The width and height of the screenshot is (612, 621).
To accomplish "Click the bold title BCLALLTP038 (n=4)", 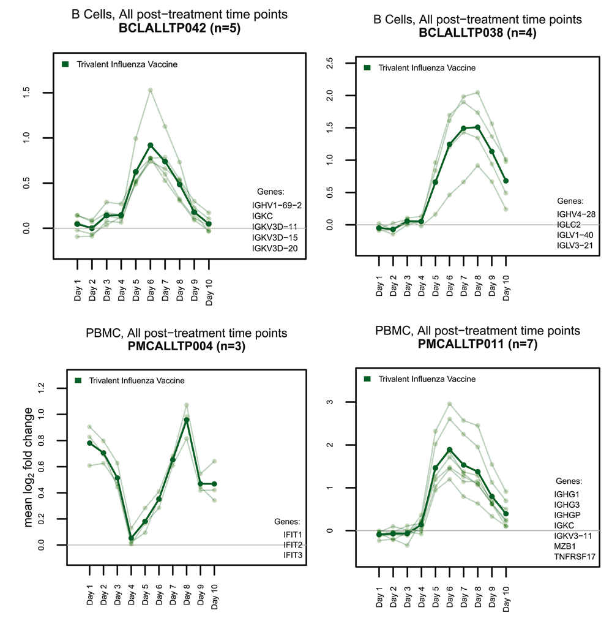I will coord(477,33).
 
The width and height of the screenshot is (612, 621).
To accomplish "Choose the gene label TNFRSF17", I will coord(576,556).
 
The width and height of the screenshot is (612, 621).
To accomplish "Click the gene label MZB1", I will coord(565,545).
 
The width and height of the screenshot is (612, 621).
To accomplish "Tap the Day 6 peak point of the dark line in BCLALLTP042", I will coord(151,145).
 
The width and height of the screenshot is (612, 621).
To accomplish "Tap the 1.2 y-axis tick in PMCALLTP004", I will coord(42,388).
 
